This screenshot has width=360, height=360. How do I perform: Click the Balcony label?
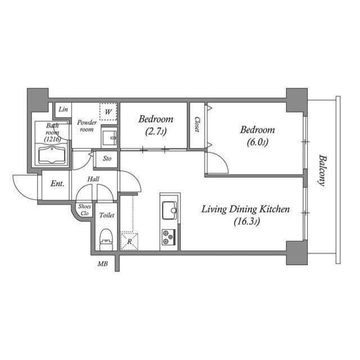[x=322, y=170]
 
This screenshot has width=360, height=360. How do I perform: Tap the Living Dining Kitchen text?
[x=246, y=210]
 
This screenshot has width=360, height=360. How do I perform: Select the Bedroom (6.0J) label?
[x=257, y=136]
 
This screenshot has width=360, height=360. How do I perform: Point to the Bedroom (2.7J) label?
[x=156, y=124]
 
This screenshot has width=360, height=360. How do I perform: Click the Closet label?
[x=197, y=124]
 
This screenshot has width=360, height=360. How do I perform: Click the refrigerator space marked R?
[x=129, y=241]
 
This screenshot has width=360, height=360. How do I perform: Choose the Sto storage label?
[x=107, y=159]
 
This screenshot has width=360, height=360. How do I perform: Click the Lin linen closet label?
[x=64, y=109]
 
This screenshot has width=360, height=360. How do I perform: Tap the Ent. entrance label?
[x=57, y=184]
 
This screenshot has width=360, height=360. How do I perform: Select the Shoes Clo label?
[x=85, y=209]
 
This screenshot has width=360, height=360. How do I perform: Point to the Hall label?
[x=94, y=179]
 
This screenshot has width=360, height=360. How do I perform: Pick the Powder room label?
[x=87, y=125]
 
